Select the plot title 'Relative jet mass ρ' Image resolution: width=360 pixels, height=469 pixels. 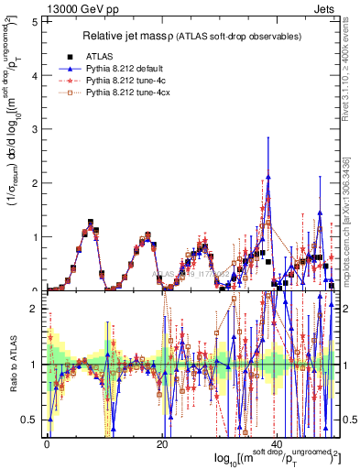(x=154, y=36)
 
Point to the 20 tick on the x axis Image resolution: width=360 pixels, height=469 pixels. (x=162, y=443)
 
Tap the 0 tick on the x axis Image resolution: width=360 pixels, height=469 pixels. (x=47, y=443)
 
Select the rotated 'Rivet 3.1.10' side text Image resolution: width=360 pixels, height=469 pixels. (x=353, y=64)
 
